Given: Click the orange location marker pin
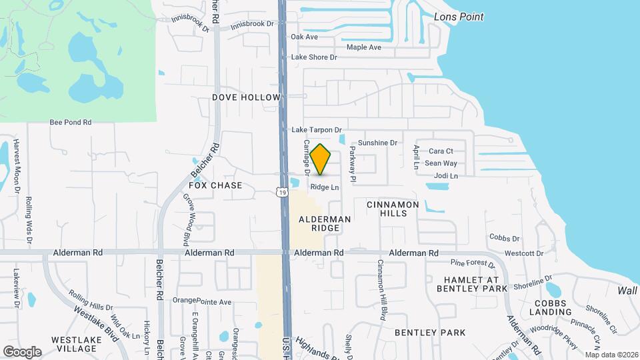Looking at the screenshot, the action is [x=321, y=159].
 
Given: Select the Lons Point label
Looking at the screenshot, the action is [x=459, y=17].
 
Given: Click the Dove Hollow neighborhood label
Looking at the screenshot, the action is [x=246, y=97].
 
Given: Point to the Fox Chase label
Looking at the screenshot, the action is [x=215, y=185].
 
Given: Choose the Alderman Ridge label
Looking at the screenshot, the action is [x=325, y=223].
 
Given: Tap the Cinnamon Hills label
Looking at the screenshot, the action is [x=393, y=209].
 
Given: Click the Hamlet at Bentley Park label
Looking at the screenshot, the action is [x=472, y=283].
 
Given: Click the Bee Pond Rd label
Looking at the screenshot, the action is [x=71, y=123].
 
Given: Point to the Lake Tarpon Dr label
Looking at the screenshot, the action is [x=317, y=130].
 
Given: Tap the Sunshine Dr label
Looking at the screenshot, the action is [x=377, y=143].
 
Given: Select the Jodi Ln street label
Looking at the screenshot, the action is [x=446, y=176].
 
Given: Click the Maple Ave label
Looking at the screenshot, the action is [x=364, y=47].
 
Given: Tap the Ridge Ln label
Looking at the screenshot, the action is [x=325, y=188].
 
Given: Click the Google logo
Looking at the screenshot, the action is [x=22, y=351].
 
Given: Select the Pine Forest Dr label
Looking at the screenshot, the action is [x=469, y=263].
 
